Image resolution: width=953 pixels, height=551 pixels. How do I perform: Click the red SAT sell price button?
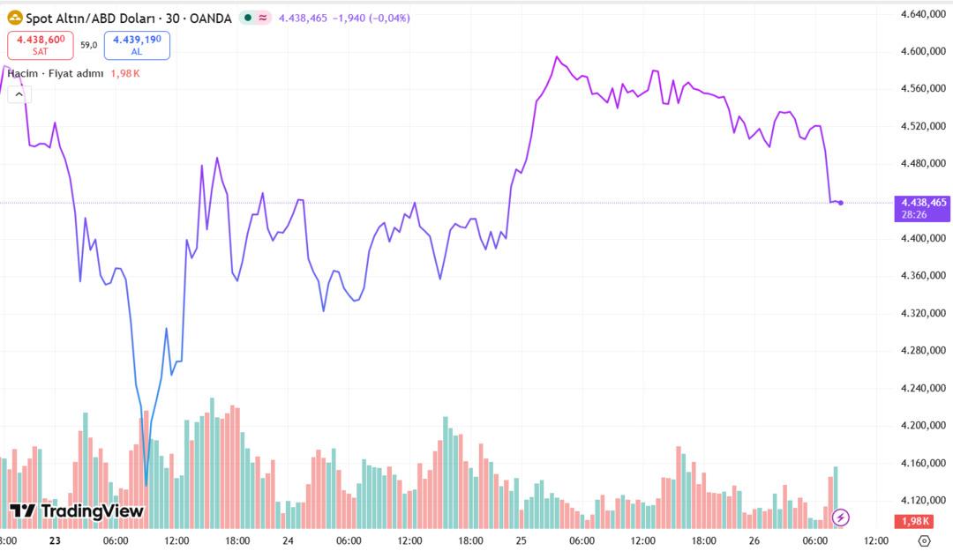click(40, 44)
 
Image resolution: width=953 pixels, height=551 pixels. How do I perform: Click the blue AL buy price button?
click(137, 44)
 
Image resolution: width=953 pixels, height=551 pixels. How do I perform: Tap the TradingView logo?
click(76, 510)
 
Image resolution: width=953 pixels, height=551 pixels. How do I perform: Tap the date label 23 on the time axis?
click(55, 540)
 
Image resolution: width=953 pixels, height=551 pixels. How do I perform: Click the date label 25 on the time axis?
click(521, 540)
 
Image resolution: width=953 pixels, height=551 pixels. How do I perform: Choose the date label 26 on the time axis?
click(754, 540)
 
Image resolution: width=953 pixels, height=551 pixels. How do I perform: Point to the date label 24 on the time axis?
click(288, 540)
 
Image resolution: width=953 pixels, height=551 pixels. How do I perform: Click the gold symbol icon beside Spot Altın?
click(14, 18)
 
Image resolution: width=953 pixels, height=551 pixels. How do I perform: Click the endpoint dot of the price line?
click(840, 203)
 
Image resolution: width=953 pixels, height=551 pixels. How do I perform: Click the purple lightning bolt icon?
click(841, 517)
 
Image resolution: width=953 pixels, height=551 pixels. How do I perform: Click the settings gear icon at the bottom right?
click(924, 540)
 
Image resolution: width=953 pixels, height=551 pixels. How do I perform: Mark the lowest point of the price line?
click(146, 484)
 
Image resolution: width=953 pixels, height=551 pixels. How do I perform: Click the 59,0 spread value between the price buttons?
click(88, 44)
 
